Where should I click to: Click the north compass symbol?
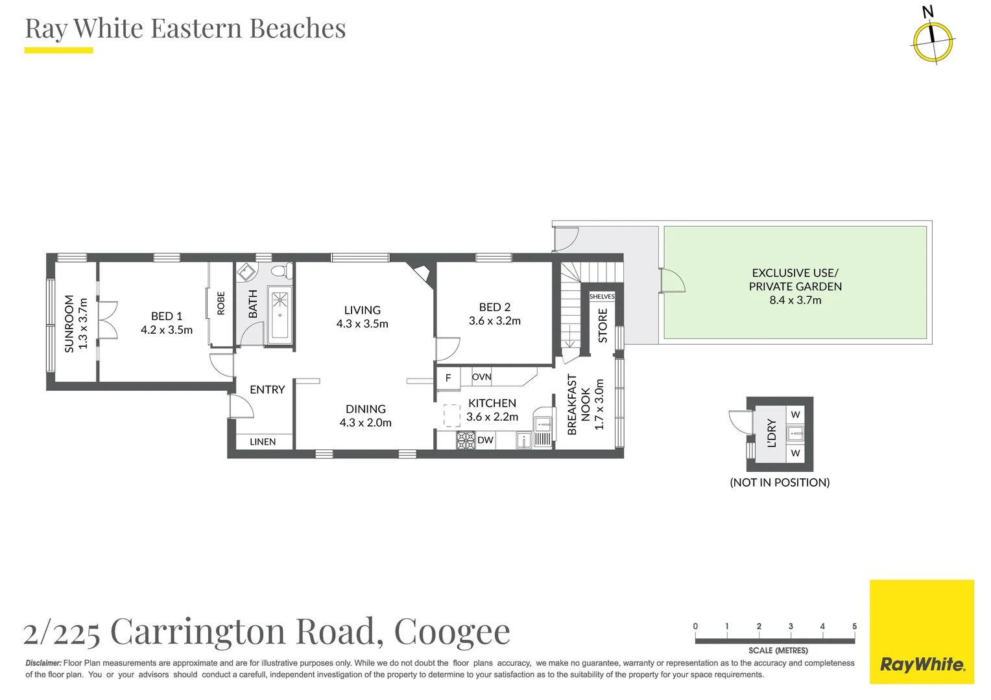pos(933,40)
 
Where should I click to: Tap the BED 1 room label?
pos(167,316)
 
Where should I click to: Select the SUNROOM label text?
pos(69,323)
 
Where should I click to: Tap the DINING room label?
pos(365,409)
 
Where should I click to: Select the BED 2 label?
pos(494,307)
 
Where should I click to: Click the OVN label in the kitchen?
pos(481,377)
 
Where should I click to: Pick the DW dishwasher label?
pos(485,440)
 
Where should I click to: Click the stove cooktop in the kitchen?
pos(466,441)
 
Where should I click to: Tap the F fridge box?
pos(448,378)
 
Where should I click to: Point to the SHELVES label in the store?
pos(602,296)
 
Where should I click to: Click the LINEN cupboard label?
pos(263,441)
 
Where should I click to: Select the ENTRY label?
pos(267,390)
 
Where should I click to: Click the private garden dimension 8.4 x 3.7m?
pos(795,300)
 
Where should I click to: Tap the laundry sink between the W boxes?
pos(795,433)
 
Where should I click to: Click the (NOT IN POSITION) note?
pos(780,482)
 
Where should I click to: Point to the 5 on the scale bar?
pos(854,626)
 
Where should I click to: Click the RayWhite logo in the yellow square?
pos(922,664)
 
